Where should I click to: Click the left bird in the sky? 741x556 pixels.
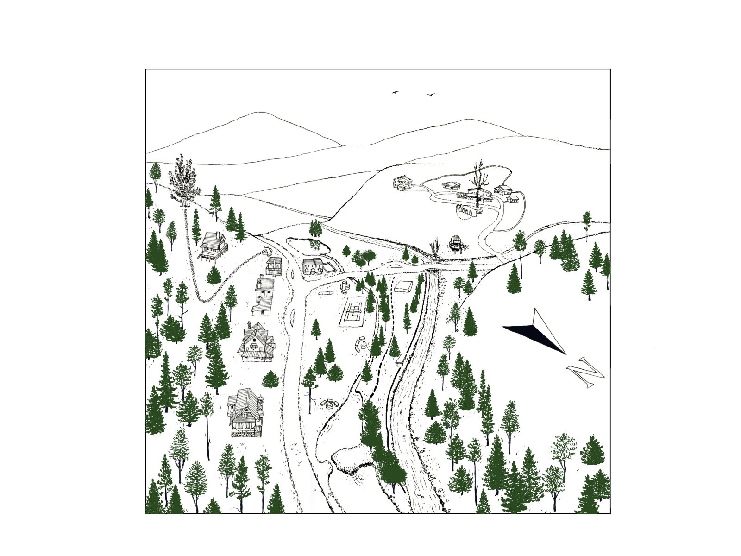point(396,92)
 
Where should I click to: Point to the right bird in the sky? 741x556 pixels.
point(430,95)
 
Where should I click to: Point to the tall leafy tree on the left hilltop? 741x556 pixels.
point(182,183)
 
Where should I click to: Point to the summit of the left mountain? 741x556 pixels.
point(259,112)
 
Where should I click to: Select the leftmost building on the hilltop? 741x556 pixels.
point(403,184)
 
